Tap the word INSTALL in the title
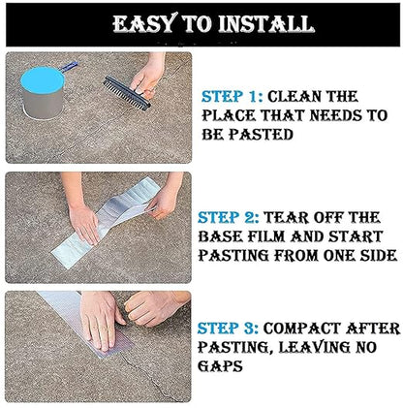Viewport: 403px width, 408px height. (x=266, y=24)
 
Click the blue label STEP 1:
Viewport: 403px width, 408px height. (x=232, y=96)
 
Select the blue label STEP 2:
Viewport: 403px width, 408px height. (x=229, y=217)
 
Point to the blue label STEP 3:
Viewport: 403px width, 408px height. (x=228, y=329)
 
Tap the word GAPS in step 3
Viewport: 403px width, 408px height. (x=220, y=366)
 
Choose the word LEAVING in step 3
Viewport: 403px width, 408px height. (x=314, y=348)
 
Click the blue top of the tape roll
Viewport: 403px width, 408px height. (x=43, y=80)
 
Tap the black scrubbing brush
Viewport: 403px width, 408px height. (x=127, y=93)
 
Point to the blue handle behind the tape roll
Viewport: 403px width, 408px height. (x=69, y=66)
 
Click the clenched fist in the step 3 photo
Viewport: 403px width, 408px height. (x=153, y=308)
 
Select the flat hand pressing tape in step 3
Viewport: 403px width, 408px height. (x=98, y=321)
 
